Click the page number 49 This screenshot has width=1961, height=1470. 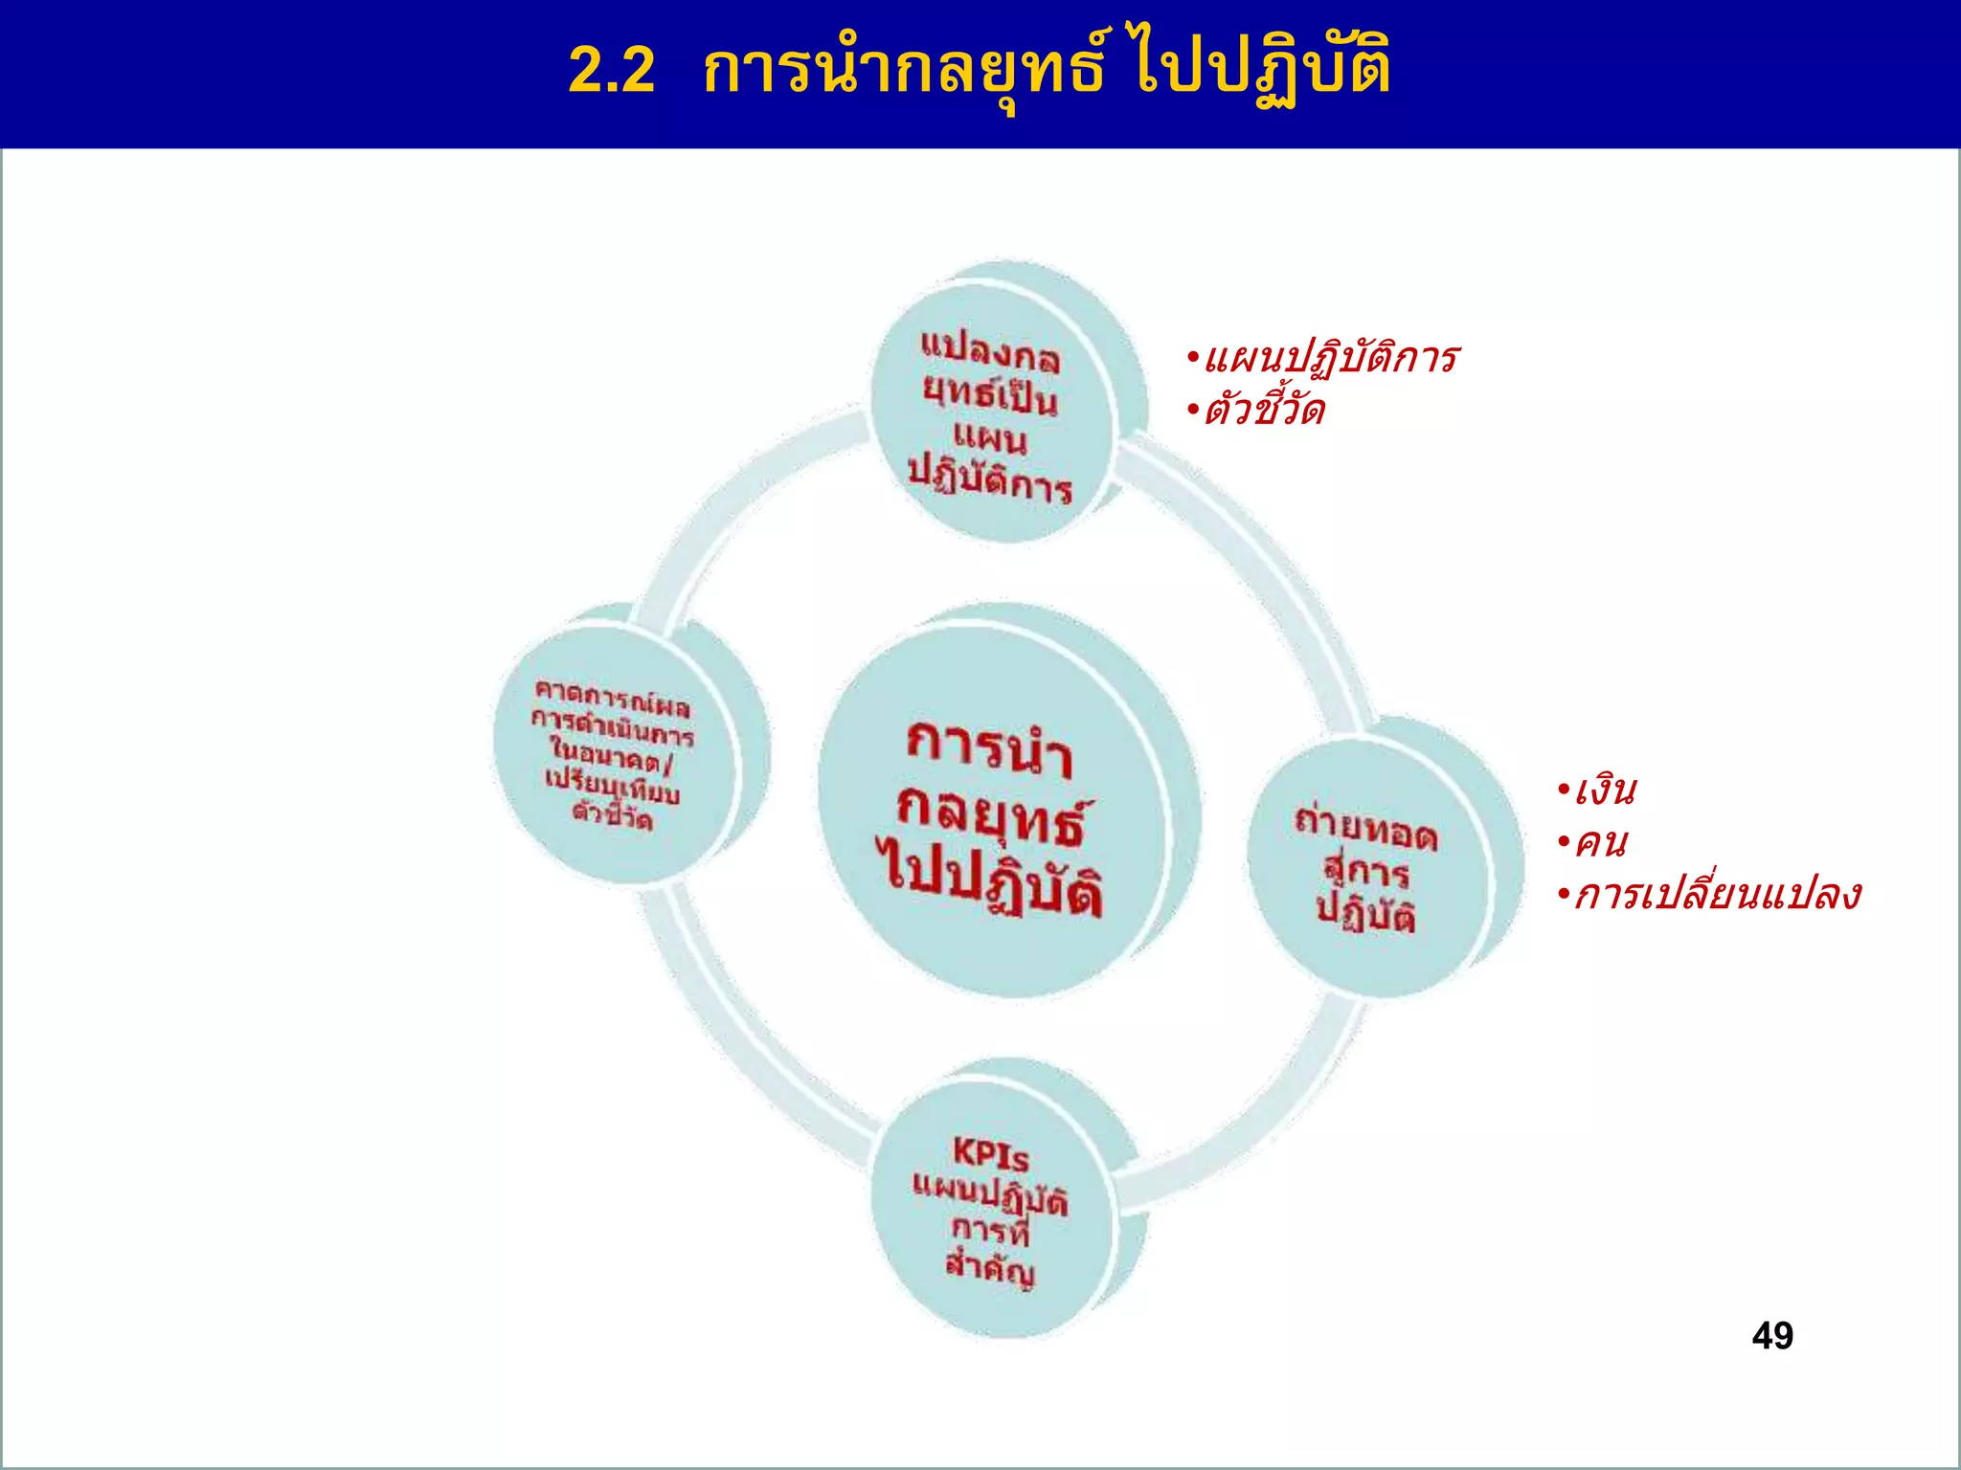[x=1771, y=1335]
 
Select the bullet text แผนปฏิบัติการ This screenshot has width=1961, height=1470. [x=1331, y=359]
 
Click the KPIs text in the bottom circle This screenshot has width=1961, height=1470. [x=990, y=1155]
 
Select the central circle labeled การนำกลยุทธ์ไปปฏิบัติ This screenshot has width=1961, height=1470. [x=996, y=813]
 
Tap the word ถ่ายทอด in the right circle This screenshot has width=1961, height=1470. [x=1365, y=829]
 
